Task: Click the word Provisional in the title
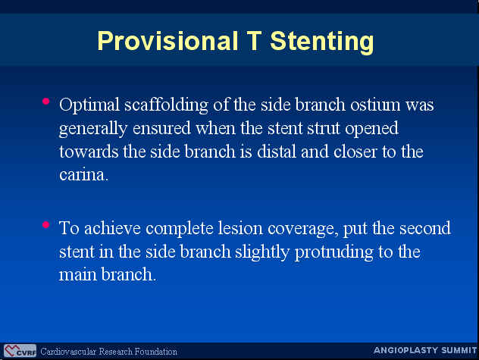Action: (167, 41)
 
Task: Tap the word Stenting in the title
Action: (322, 42)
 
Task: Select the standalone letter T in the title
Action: (254, 41)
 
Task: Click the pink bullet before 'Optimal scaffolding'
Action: (45, 101)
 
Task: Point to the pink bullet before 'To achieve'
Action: (45, 225)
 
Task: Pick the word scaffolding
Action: (166, 105)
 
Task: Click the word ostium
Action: (375, 105)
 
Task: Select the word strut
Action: (324, 128)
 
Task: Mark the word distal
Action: (277, 152)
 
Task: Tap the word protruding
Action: (334, 253)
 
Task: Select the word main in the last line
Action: (77, 274)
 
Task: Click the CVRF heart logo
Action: (20, 350)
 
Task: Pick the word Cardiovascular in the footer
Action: (68, 352)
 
